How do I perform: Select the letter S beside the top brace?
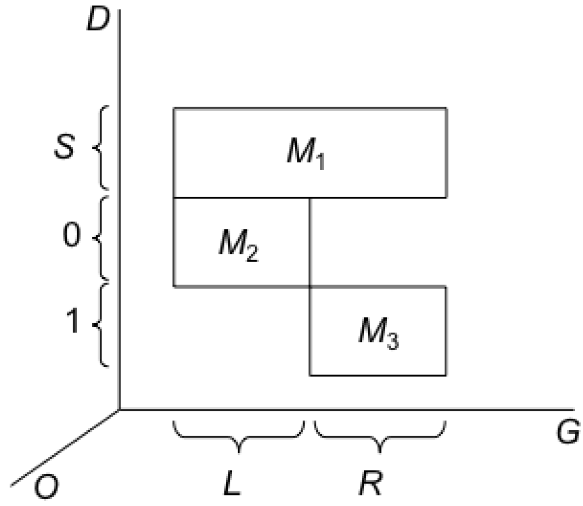[x=64, y=148]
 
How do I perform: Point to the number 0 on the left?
[x=71, y=237]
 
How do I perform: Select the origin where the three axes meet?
[x=120, y=409]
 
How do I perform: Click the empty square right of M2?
[x=378, y=242]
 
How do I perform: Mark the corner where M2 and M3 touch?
[x=310, y=286]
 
